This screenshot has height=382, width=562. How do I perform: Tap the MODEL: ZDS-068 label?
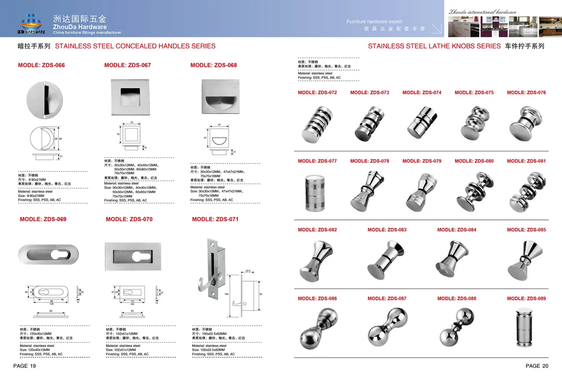tap(213, 65)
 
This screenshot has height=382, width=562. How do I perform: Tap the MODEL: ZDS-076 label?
tap(526, 92)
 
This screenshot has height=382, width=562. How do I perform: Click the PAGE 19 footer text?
tap(24, 366)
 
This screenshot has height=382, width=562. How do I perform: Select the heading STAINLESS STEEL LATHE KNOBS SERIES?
tap(434, 46)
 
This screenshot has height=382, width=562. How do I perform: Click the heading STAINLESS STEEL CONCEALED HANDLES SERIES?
tap(135, 46)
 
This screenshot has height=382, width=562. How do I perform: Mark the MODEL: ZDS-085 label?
tap(526, 230)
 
